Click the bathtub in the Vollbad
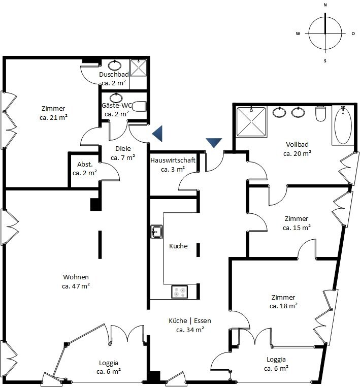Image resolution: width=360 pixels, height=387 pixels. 343,125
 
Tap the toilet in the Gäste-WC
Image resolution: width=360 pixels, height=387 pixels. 139,106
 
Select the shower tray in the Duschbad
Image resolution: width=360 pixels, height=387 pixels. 139,68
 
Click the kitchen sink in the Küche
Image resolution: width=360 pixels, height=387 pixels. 156,232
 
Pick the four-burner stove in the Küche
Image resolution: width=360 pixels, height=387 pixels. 179,292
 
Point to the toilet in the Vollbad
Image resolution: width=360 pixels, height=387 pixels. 320,114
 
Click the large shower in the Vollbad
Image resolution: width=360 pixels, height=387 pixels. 251,121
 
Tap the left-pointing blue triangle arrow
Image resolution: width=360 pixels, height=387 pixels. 157,134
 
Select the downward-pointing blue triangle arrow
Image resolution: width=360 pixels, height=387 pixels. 214,143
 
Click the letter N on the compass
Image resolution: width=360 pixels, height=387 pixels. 325,5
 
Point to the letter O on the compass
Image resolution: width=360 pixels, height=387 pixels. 353,34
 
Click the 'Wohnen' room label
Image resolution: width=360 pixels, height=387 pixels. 76,277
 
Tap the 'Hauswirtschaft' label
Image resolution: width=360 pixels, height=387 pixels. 173,160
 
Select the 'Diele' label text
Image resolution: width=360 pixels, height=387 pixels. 123,148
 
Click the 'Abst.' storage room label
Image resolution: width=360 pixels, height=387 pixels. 85,164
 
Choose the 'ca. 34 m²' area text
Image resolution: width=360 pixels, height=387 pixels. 190,330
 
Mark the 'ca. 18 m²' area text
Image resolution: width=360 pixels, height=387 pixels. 283,306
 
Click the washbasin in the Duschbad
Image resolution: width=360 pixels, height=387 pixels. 114,65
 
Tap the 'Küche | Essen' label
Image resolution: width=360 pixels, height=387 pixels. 190,320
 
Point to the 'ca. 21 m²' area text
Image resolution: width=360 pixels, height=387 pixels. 53,117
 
